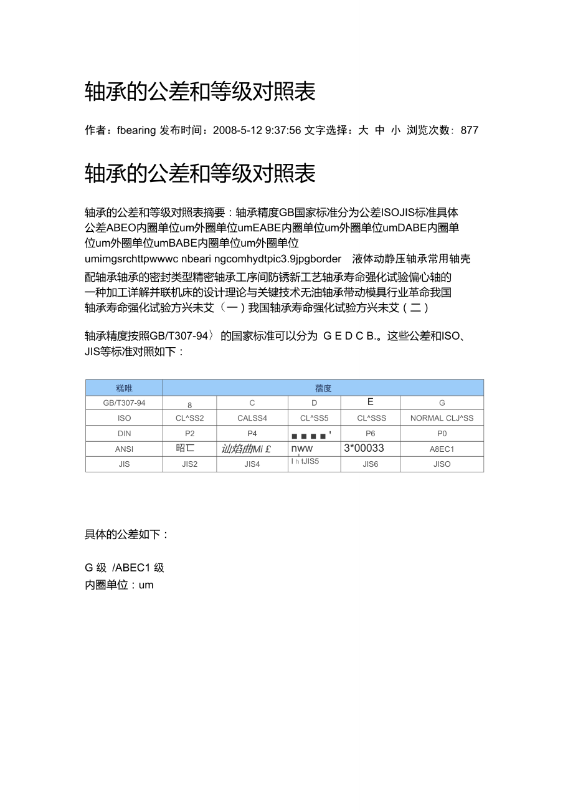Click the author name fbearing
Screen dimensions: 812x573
(136, 130)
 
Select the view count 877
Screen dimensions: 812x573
(470, 130)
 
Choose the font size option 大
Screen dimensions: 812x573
(363, 130)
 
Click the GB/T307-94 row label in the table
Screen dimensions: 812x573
(124, 403)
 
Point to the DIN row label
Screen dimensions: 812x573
(124, 434)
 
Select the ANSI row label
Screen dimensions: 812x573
(124, 449)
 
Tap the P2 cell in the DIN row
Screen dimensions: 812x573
(190, 434)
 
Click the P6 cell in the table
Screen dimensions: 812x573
(370, 434)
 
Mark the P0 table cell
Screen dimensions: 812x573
(442, 434)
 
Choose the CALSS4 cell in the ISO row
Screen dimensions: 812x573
(252, 418)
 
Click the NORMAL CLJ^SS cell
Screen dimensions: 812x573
(442, 418)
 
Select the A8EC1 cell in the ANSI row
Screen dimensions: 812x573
(442, 449)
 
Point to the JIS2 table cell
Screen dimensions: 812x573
(190, 464)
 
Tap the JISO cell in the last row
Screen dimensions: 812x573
(442, 464)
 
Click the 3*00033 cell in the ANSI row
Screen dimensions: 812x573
(364, 448)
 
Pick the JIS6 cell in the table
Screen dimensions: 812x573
(370, 464)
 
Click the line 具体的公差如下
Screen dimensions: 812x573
(126, 535)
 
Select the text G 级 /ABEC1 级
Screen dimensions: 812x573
(125, 568)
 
